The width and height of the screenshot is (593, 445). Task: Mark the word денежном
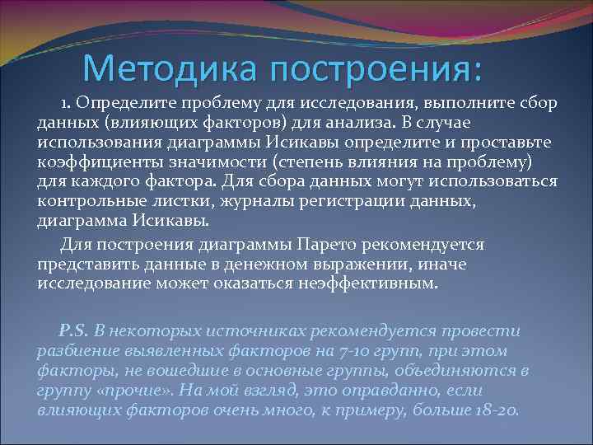point(239,265)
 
